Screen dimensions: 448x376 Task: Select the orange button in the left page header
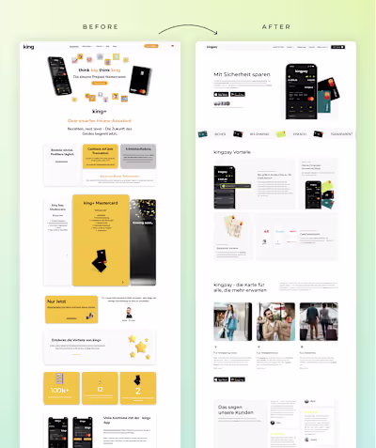pos(151,45)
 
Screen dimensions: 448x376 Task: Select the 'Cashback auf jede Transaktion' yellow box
pos(101,153)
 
